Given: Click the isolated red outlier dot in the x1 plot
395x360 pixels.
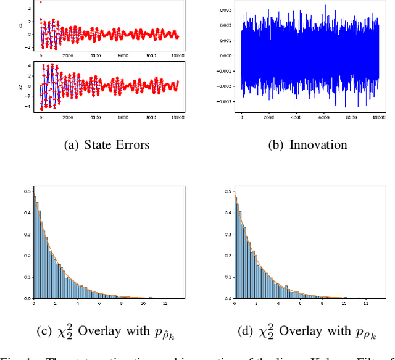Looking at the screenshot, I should click(41, 2).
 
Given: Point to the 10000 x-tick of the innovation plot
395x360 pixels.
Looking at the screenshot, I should click(375, 117).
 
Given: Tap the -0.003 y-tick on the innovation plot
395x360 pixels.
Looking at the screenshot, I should click(225, 101).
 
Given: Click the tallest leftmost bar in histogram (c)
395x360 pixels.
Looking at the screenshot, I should click(35, 247).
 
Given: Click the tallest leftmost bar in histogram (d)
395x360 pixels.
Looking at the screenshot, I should click(236, 247).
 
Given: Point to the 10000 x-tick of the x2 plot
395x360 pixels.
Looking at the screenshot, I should click(177, 117).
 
